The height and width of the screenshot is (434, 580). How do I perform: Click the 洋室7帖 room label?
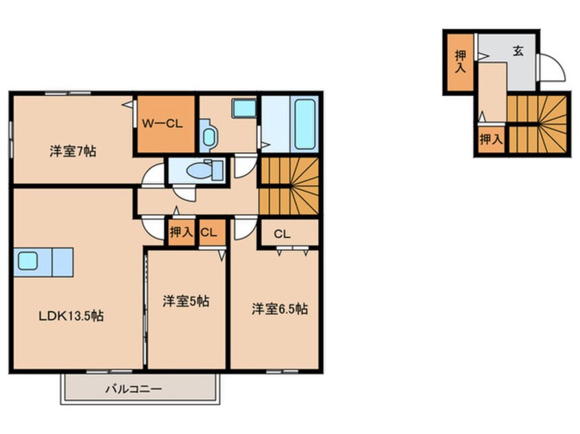coord(72,151)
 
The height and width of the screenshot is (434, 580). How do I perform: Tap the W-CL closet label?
coord(162,124)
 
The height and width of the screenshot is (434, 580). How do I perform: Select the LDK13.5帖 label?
coord(71,316)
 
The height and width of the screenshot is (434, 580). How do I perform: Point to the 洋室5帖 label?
coord(186,301)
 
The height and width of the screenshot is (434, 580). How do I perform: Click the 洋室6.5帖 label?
coord(279,309)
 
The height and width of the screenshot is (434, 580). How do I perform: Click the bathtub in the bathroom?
coord(304,125)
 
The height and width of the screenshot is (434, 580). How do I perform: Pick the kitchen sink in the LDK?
coord(28,261)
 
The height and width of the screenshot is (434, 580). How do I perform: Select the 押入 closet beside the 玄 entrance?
coord(459,60)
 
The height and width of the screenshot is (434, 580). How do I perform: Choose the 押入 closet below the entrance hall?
coord(490,140)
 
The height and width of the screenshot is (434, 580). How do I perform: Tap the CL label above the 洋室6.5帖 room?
coord(280,234)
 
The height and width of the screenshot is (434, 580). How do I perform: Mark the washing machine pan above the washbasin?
coord(243,110)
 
